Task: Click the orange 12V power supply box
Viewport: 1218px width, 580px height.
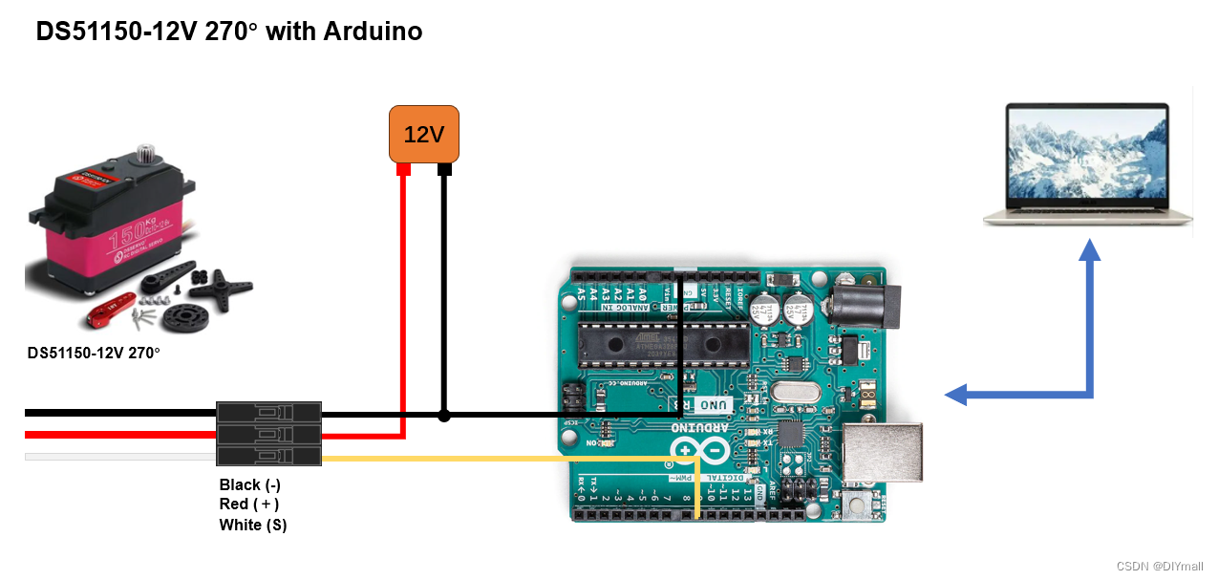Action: pyautogui.click(x=423, y=134)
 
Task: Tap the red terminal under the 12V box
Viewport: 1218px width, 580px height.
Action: pyautogui.click(x=403, y=170)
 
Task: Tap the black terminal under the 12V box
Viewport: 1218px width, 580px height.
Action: pyautogui.click(x=443, y=170)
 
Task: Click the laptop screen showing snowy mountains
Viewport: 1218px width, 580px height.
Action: pyautogui.click(x=1087, y=155)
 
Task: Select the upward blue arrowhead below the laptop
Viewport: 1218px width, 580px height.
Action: pyautogui.click(x=1089, y=249)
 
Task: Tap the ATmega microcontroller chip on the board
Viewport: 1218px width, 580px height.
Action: pyautogui.click(x=663, y=346)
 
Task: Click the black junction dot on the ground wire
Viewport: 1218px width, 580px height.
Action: pyautogui.click(x=443, y=416)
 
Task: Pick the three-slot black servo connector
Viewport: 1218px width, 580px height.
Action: pyautogui.click(x=269, y=434)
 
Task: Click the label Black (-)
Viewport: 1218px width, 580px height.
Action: pyautogui.click(x=249, y=484)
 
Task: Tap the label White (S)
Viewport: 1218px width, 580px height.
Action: pyautogui.click(x=252, y=525)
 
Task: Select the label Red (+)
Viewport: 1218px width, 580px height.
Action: pyautogui.click(x=248, y=505)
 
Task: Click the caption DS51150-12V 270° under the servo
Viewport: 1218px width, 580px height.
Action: pyautogui.click(x=94, y=354)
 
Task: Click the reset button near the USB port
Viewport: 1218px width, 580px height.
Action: pyautogui.click(x=856, y=504)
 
